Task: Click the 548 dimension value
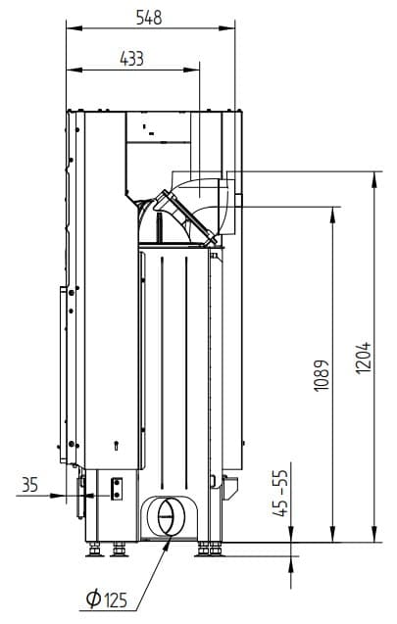[149, 18]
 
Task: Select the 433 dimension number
[131, 59]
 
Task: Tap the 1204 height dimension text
[363, 358]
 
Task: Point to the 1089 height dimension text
[322, 375]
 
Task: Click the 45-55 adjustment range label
[281, 493]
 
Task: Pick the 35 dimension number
[29, 485]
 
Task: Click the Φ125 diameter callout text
[107, 599]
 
